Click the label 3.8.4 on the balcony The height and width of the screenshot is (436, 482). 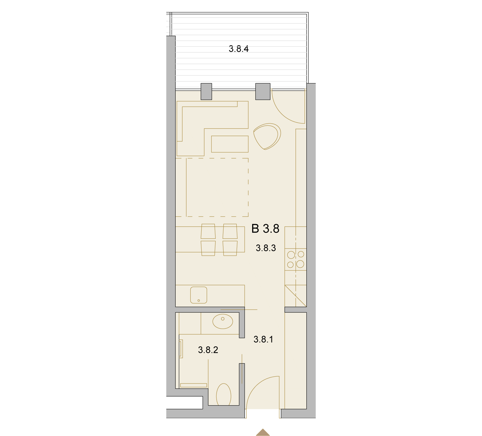click(239, 49)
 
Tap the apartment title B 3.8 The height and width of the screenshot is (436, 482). click(265, 229)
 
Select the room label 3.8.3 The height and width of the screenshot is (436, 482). click(266, 248)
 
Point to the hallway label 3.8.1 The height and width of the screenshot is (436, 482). click(263, 340)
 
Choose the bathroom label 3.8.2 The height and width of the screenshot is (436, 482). click(208, 350)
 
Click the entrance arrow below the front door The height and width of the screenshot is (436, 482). click(263, 432)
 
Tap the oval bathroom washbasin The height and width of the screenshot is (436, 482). click(223, 321)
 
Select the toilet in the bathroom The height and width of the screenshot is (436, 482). click(224, 394)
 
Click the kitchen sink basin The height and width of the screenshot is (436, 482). click(199, 295)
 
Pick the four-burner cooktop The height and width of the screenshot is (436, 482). click(296, 259)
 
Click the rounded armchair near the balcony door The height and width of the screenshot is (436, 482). click(267, 136)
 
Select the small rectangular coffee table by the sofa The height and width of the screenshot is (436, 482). click(230, 144)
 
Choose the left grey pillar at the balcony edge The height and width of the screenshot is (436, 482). click(206, 91)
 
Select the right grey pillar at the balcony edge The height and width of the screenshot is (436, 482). click(263, 91)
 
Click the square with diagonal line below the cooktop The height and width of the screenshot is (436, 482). click(296, 296)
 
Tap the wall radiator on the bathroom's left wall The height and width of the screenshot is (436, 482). click(181, 349)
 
